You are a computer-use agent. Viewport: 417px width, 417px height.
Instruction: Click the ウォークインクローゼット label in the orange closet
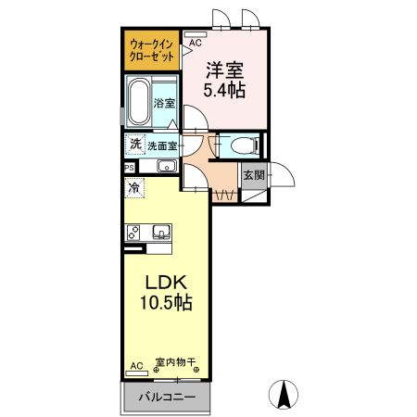coord(152,49)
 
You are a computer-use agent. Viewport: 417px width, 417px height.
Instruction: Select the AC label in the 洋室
coord(196,43)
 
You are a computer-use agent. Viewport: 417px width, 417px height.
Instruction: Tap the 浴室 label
coord(165,103)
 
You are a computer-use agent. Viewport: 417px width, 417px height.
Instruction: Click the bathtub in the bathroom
coord(140,104)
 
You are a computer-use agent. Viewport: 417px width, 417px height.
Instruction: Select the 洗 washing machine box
coord(134,145)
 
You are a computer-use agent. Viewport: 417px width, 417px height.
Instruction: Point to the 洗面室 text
coord(162,145)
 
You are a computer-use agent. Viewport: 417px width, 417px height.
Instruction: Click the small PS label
coord(129,167)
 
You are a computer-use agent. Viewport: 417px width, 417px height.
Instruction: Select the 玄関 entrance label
coord(253,174)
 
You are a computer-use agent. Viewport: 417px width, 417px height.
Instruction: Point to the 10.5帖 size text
coord(164,303)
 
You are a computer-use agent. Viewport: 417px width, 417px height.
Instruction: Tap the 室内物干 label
coord(174,364)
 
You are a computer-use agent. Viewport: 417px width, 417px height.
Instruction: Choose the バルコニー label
coord(166,397)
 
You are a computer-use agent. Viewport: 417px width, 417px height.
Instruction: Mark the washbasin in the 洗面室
coord(167,166)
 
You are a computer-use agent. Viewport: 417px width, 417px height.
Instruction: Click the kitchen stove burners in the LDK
coord(133,232)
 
